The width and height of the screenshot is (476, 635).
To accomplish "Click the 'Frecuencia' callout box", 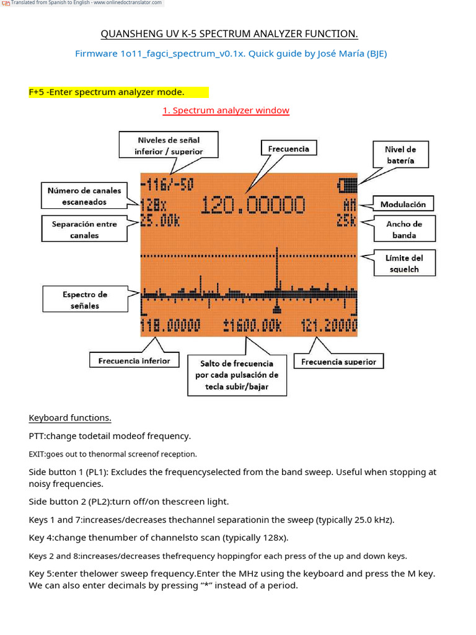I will (x=288, y=149).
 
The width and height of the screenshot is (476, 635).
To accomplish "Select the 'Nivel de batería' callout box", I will (x=400, y=155).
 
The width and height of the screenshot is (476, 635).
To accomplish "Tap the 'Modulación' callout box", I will (x=403, y=204).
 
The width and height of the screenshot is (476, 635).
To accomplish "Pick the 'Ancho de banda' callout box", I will (x=404, y=229).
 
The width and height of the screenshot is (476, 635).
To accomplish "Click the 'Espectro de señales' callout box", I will (x=85, y=300).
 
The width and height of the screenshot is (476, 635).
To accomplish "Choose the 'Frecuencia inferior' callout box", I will (x=134, y=361).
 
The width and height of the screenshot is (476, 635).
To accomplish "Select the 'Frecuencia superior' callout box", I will (x=338, y=362).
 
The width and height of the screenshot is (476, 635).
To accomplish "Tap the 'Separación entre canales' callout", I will (x=84, y=229).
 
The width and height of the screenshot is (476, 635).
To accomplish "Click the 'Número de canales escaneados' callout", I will (x=84, y=196).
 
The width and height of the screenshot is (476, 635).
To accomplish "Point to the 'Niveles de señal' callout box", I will (x=169, y=146).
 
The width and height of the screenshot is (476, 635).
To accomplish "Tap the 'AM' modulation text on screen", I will (x=350, y=203).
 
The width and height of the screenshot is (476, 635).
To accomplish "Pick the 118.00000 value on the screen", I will (x=171, y=326).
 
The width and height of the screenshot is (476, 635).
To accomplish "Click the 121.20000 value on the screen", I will (x=330, y=326).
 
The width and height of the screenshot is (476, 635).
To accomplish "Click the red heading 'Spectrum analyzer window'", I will (x=226, y=110).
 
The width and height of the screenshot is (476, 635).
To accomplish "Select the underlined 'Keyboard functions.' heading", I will (x=70, y=417).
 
